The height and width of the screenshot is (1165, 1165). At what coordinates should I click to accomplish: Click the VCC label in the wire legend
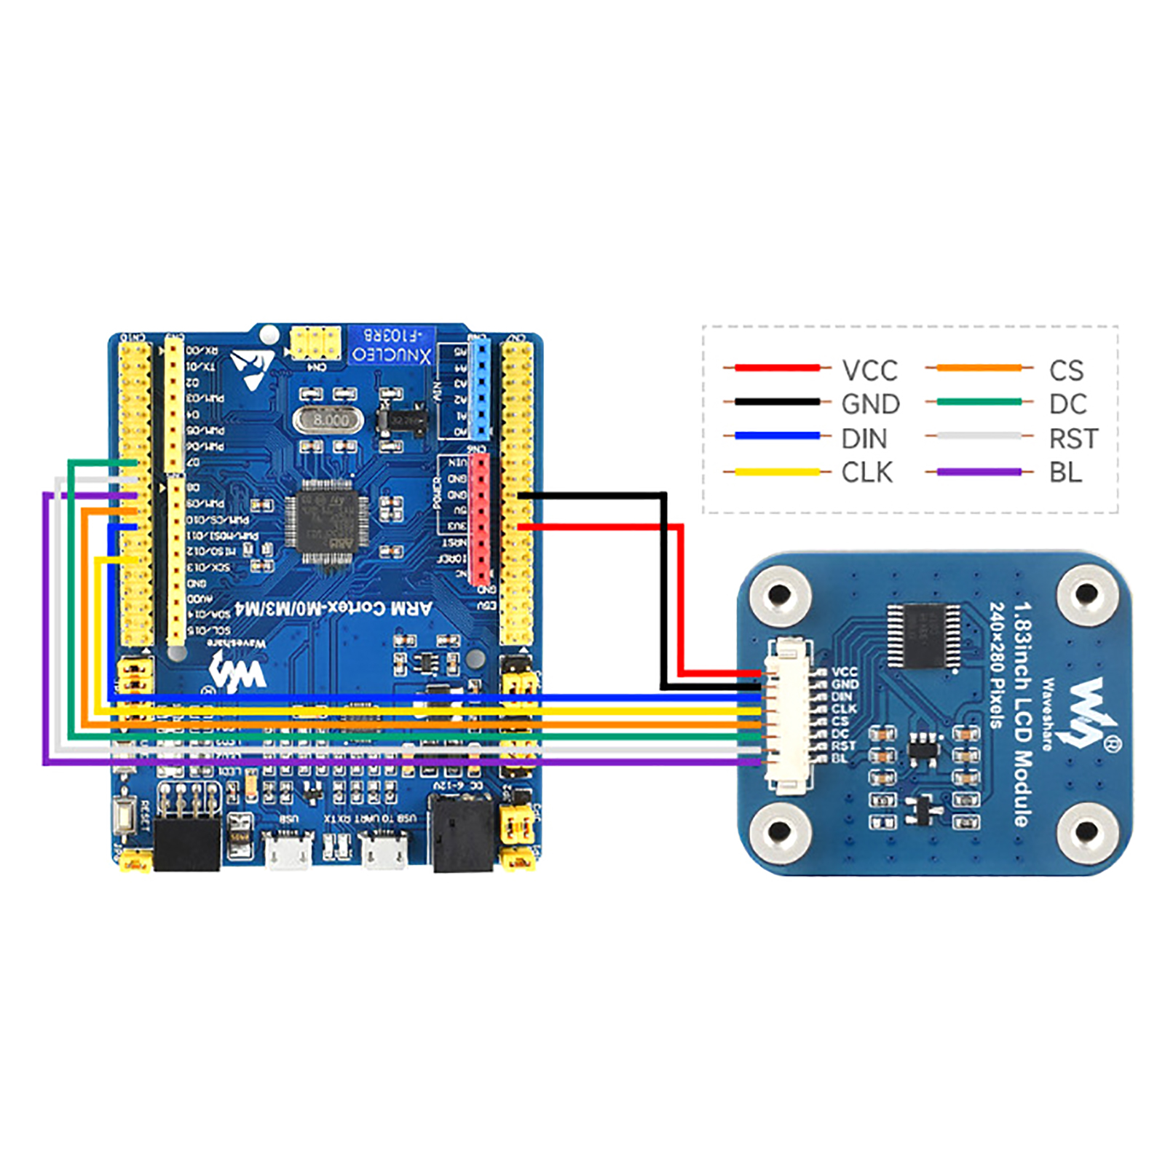[869, 371]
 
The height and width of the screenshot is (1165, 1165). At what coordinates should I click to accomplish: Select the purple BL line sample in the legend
[979, 473]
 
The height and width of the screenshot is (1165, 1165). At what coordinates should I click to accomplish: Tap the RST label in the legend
[1073, 439]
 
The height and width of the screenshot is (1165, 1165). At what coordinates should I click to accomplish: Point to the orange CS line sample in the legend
[979, 368]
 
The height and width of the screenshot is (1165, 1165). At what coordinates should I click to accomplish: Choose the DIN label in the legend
[864, 439]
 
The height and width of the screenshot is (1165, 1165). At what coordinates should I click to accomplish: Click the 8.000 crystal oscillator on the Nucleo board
[329, 420]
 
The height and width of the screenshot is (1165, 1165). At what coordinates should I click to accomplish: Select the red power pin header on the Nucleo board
[479, 518]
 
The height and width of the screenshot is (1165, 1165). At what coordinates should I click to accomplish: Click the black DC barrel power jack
[462, 834]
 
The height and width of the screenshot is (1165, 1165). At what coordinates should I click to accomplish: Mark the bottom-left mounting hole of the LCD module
[779, 831]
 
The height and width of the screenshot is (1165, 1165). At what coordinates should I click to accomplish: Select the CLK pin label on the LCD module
[845, 708]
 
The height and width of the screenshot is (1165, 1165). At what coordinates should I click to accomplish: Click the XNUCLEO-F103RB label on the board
[392, 347]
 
